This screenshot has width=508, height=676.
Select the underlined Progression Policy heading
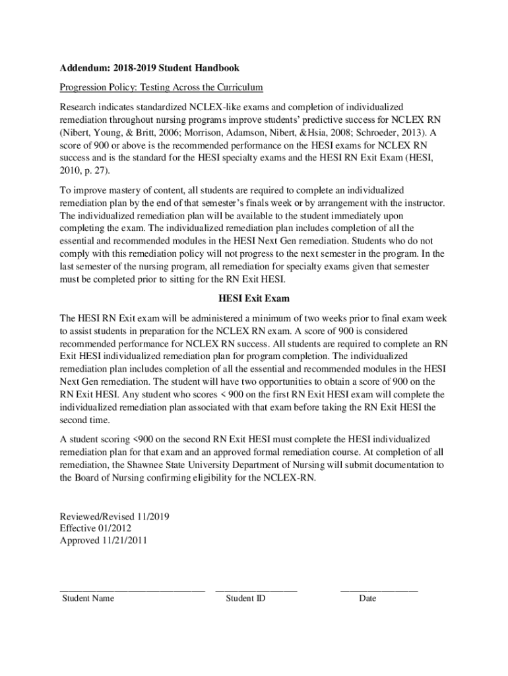(162, 87)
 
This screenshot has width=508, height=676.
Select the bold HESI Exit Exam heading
(254, 298)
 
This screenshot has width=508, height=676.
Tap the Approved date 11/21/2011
(125, 541)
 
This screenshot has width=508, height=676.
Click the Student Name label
(88, 598)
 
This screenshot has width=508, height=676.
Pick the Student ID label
(245, 598)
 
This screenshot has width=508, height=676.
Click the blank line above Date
(379, 588)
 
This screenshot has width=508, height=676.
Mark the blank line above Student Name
(132, 588)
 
